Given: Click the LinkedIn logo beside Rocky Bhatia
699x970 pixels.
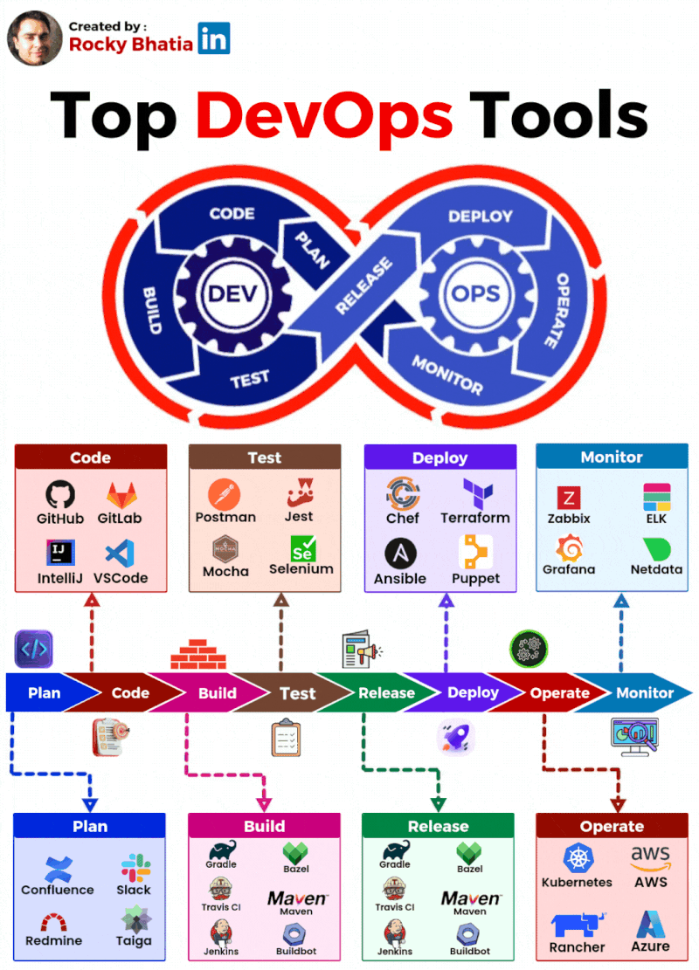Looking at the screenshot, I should [214, 38].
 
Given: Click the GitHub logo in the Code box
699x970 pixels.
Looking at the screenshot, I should [59, 495].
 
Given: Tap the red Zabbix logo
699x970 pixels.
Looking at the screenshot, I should [569, 498].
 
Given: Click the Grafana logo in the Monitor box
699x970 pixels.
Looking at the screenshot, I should [569, 548].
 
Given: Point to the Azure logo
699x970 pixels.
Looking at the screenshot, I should [650, 924].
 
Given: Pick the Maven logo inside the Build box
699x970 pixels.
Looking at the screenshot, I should [297, 898].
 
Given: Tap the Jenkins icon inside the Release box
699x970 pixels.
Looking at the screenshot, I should [396, 933].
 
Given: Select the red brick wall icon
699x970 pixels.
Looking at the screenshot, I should [198, 654].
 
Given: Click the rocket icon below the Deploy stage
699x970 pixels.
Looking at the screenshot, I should [454, 738].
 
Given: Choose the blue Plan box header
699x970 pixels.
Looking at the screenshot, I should [90, 826].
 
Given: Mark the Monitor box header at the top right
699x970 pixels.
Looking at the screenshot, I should [611, 457].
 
